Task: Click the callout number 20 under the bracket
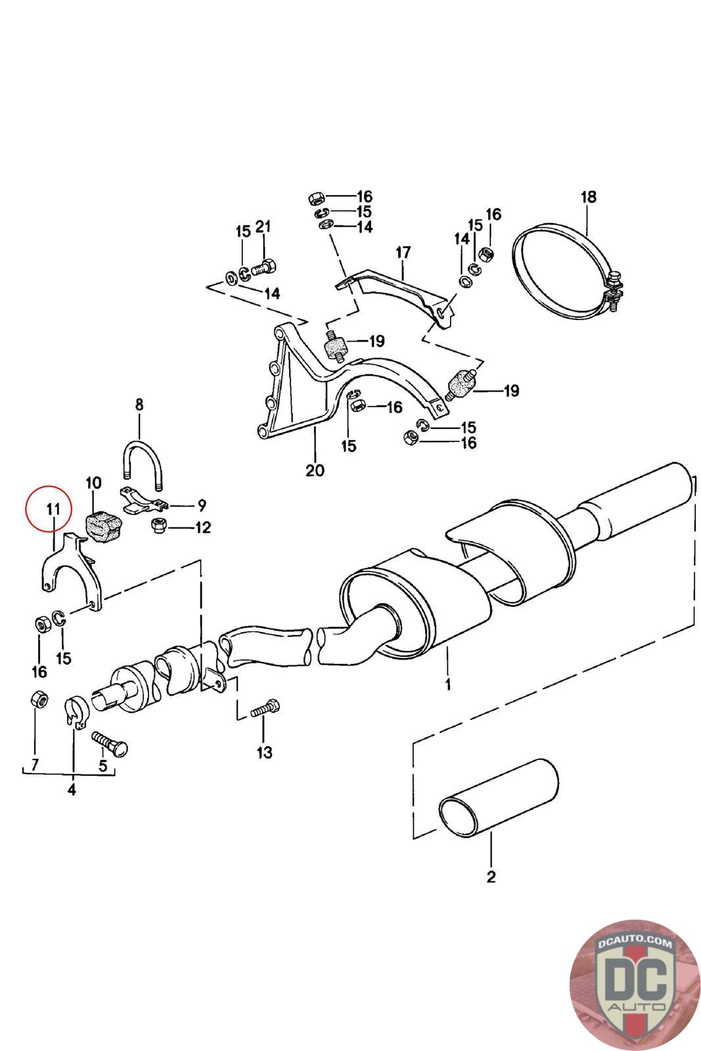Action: [x=315, y=470]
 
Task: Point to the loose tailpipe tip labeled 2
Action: [x=498, y=798]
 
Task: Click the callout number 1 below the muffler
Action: [x=447, y=685]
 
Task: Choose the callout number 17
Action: [x=403, y=252]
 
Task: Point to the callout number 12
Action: [x=203, y=527]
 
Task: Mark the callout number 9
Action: [x=202, y=505]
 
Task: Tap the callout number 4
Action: [x=72, y=790]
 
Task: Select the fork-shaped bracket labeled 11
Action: [x=72, y=569]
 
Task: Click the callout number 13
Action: [x=264, y=752]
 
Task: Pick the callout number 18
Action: [x=588, y=196]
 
